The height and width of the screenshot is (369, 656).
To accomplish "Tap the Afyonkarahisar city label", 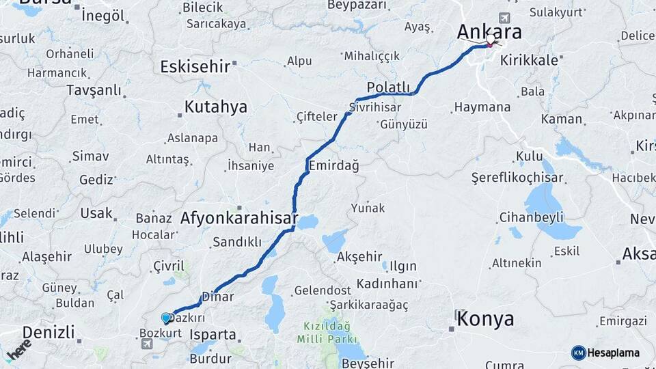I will (239, 219).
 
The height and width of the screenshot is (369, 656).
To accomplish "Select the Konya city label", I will (485, 318).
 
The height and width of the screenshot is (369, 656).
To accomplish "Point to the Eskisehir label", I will (194, 66).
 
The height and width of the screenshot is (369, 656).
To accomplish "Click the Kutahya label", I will (216, 107).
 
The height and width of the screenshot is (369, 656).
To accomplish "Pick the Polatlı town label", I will (388, 87).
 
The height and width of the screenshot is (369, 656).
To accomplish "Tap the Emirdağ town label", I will (334, 165).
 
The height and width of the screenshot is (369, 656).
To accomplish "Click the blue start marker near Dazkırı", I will (166, 318).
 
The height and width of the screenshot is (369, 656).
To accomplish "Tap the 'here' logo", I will (18, 350).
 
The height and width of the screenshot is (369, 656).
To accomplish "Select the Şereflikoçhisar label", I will (517, 178).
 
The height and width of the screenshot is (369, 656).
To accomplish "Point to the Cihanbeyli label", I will (532, 217).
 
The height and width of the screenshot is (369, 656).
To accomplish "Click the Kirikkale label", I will (530, 60).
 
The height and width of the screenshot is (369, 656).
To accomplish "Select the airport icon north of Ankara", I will (504, 18).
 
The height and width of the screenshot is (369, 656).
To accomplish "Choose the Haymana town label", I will (482, 107).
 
